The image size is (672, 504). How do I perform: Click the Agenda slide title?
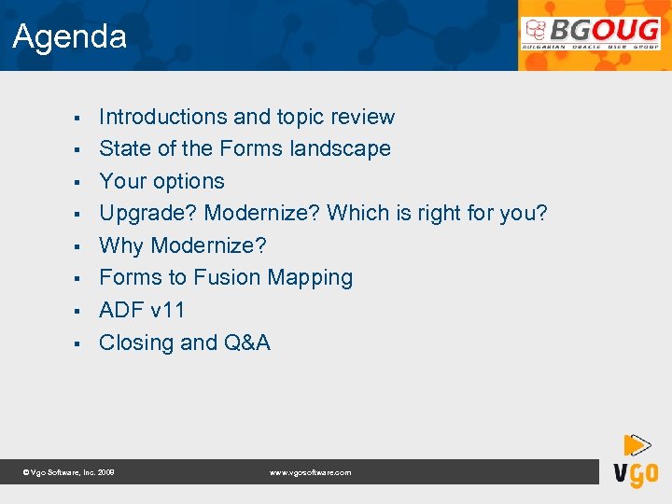(70, 37)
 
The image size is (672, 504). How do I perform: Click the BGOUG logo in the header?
(591, 35)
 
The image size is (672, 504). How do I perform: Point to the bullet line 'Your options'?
(161, 181)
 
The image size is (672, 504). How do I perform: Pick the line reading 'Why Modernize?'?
(182, 245)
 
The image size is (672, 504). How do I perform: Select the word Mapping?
(310, 278)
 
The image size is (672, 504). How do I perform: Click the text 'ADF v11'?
(142, 310)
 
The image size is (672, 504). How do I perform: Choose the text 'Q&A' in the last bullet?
(247, 343)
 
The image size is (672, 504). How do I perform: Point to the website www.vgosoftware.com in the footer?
(310, 473)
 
